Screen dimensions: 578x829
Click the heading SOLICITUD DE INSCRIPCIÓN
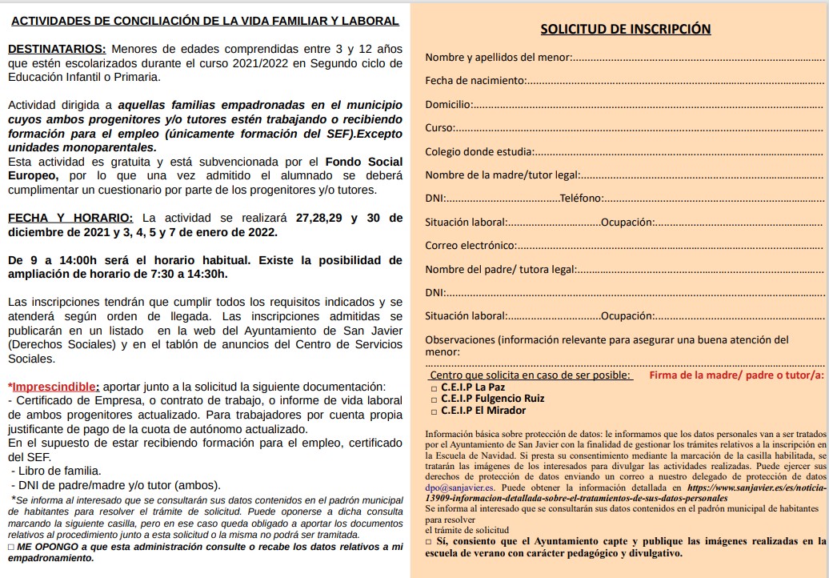(625, 29)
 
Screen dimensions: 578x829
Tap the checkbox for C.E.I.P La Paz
(434, 387)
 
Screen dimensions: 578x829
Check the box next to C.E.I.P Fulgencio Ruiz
(434, 399)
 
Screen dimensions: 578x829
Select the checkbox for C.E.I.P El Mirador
(434, 411)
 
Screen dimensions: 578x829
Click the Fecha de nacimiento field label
(475, 80)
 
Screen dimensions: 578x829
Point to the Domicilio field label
(448, 104)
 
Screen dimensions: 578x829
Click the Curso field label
(439, 127)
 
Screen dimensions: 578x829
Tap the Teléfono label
(583, 199)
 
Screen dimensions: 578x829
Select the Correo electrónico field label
(471, 246)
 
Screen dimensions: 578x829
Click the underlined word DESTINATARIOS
(56, 49)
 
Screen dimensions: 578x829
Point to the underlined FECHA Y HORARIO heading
(70, 218)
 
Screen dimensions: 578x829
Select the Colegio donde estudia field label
(479, 151)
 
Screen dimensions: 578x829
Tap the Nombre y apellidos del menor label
(499, 57)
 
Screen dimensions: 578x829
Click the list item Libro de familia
(58, 471)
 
